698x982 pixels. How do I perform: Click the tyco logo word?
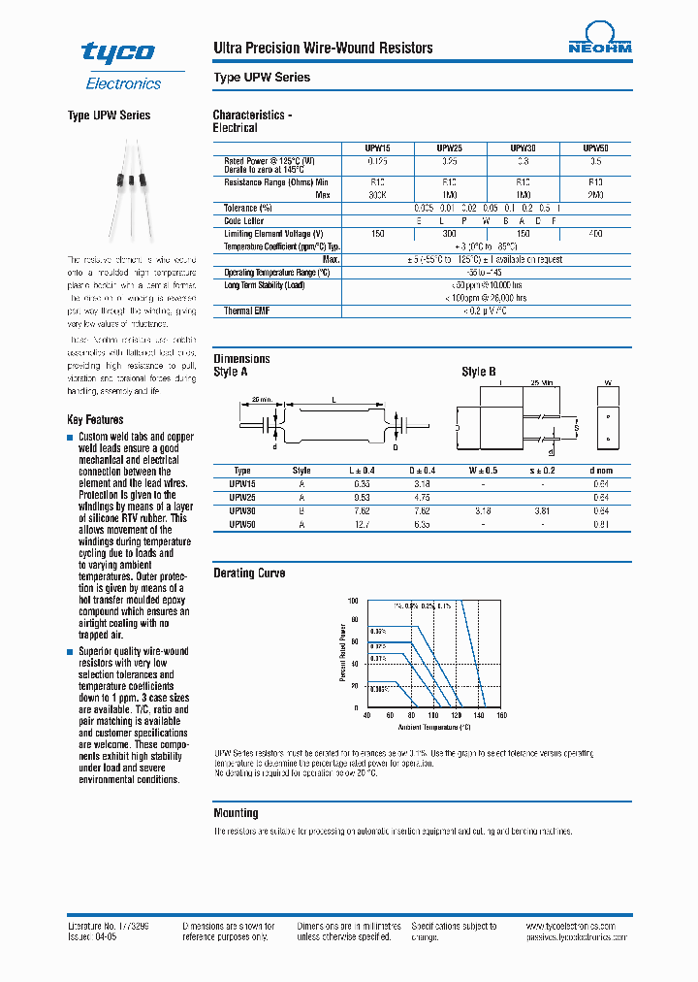coord(117,52)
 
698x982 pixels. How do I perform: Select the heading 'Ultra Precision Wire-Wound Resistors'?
coord(323,48)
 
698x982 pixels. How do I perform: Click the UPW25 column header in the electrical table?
coord(450,147)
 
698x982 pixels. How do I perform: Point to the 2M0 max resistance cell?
coord(595,194)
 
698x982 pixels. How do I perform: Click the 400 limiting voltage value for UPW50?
coord(595,234)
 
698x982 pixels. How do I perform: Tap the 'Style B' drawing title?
coord(479,372)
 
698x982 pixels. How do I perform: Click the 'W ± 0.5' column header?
coord(483,470)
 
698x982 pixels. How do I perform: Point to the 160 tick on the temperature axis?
coord(502,716)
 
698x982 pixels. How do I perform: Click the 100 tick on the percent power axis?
coord(354,601)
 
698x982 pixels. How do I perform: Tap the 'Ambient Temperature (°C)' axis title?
coord(432,727)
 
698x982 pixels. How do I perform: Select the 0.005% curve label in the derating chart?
coord(378,688)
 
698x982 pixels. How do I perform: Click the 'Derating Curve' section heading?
coord(249,573)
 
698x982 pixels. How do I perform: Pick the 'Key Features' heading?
coord(95,419)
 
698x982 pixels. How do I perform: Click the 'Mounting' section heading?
coord(236,813)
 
